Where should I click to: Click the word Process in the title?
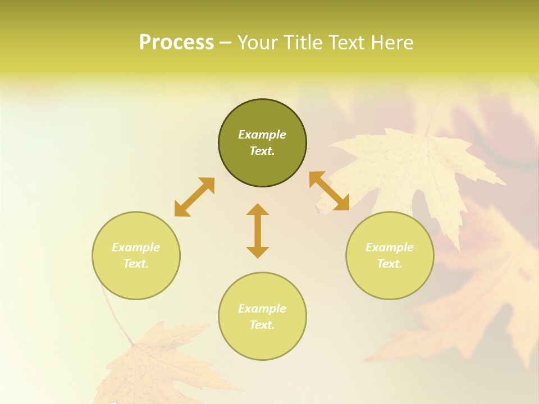coord(176,43)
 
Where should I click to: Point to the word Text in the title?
coord(347,43)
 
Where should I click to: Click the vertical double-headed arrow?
coord(258,231)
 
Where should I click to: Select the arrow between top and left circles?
coord(194,197)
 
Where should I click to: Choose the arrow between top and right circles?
coord(329,191)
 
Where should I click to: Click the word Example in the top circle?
coord(262,135)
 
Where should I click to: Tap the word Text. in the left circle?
coord(136,264)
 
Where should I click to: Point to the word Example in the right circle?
coord(390,247)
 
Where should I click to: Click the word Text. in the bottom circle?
coord(262,325)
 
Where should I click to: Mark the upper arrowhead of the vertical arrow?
coord(258,209)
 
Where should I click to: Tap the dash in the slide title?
coord(225,43)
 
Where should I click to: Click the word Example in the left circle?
coord(136,247)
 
